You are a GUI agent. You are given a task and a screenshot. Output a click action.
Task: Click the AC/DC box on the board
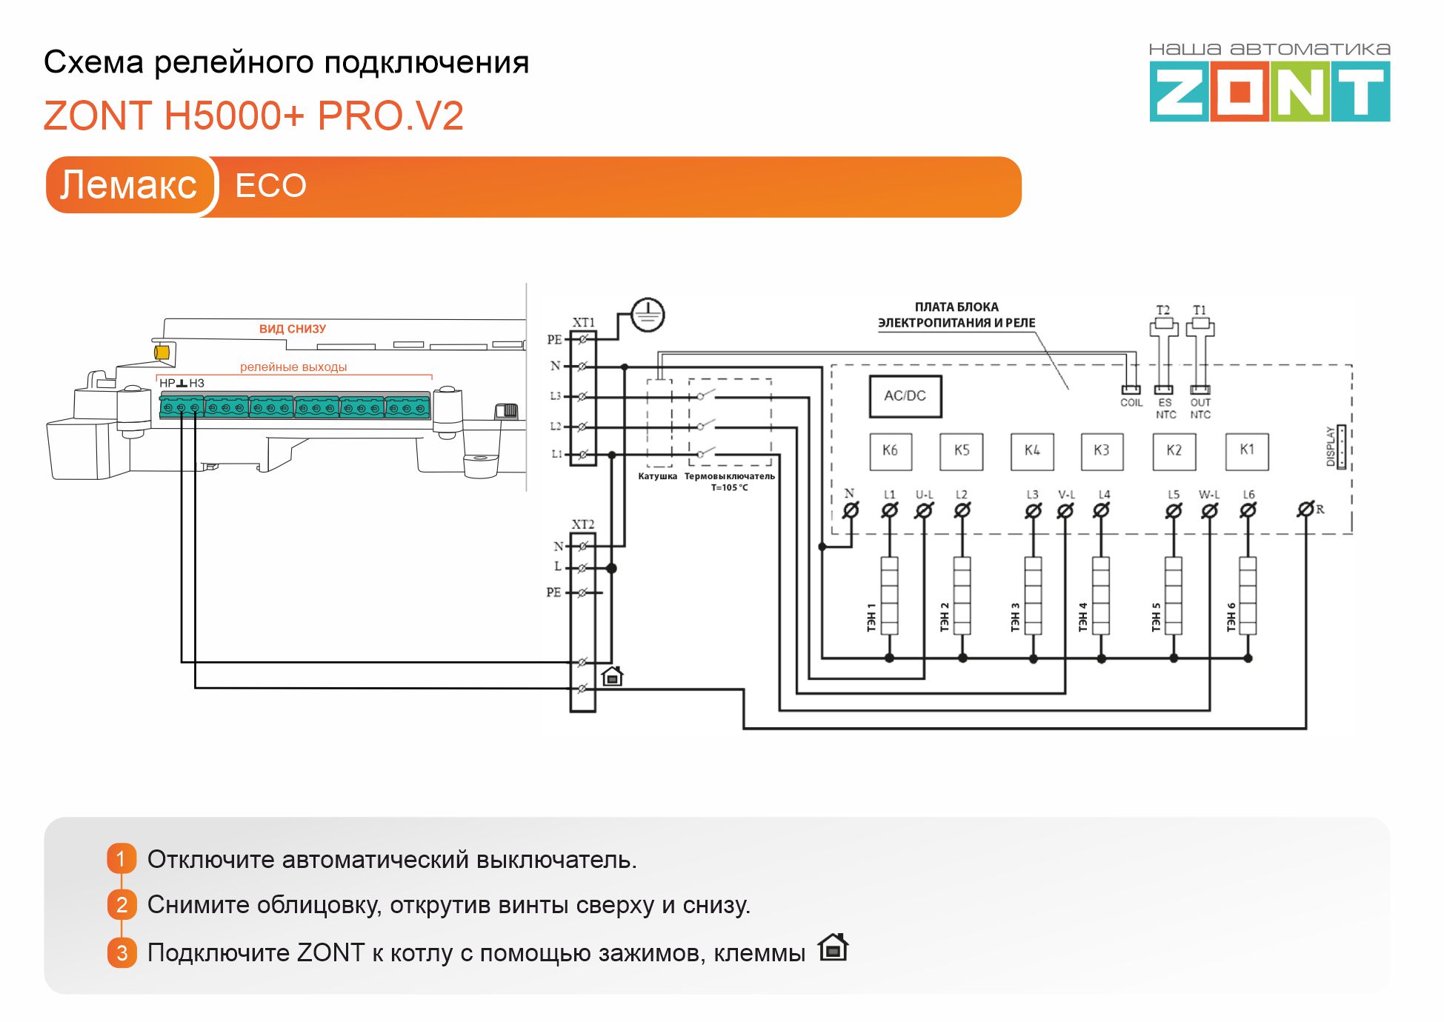click(905, 396)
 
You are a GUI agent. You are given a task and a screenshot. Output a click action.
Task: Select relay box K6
click(890, 450)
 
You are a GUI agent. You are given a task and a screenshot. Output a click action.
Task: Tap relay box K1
click(1247, 450)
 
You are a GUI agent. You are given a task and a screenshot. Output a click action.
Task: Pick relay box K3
click(1102, 450)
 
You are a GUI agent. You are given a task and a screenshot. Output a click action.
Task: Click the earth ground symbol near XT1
click(648, 315)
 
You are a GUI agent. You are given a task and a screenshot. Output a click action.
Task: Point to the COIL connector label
click(1131, 403)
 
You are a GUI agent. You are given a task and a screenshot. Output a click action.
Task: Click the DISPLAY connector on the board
click(1340, 447)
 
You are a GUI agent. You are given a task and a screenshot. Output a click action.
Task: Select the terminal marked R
click(1305, 510)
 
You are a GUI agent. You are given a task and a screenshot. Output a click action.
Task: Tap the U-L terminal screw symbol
click(924, 510)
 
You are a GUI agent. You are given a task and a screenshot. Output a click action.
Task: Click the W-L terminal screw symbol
click(1209, 510)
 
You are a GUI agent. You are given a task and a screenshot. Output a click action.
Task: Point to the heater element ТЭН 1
click(889, 596)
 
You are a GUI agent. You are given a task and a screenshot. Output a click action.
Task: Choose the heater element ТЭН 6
click(1248, 596)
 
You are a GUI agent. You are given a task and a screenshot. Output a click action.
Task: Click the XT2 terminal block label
click(582, 524)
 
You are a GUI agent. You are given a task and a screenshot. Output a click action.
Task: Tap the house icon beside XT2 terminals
click(612, 675)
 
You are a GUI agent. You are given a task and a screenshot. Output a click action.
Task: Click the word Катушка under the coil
click(657, 476)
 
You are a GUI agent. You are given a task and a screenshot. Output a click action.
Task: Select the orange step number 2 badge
click(122, 904)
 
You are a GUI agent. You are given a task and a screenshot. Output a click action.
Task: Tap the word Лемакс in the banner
click(128, 185)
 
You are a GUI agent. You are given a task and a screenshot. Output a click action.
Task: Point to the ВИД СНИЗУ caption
click(292, 329)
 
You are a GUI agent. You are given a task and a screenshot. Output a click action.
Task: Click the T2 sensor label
click(1162, 310)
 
